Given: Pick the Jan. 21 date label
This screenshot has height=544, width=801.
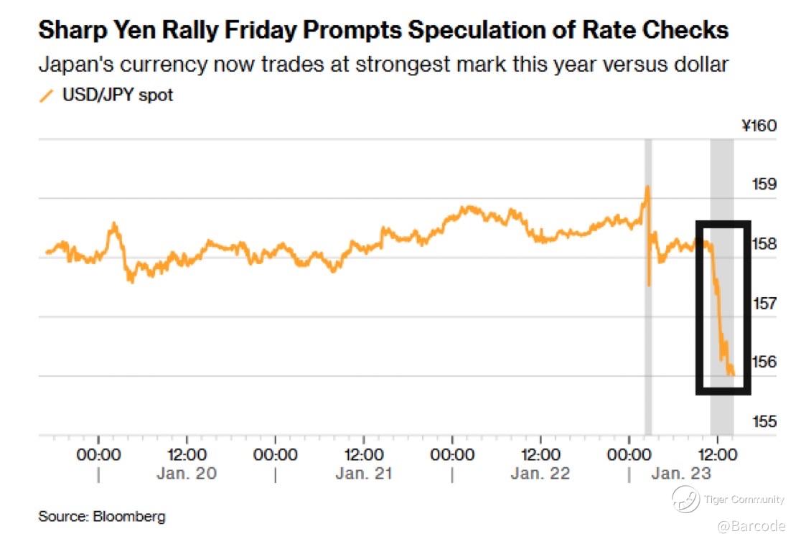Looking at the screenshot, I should (364, 474).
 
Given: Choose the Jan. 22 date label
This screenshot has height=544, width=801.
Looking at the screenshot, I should (540, 474).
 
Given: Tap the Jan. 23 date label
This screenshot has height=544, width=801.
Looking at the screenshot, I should (682, 474).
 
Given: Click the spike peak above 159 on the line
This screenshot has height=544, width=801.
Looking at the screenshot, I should (647, 186).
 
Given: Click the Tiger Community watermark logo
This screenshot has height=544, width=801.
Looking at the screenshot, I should (685, 499).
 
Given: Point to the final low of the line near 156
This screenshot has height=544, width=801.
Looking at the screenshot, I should (732, 375).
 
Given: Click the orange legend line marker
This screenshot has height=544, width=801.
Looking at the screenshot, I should (47, 95).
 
